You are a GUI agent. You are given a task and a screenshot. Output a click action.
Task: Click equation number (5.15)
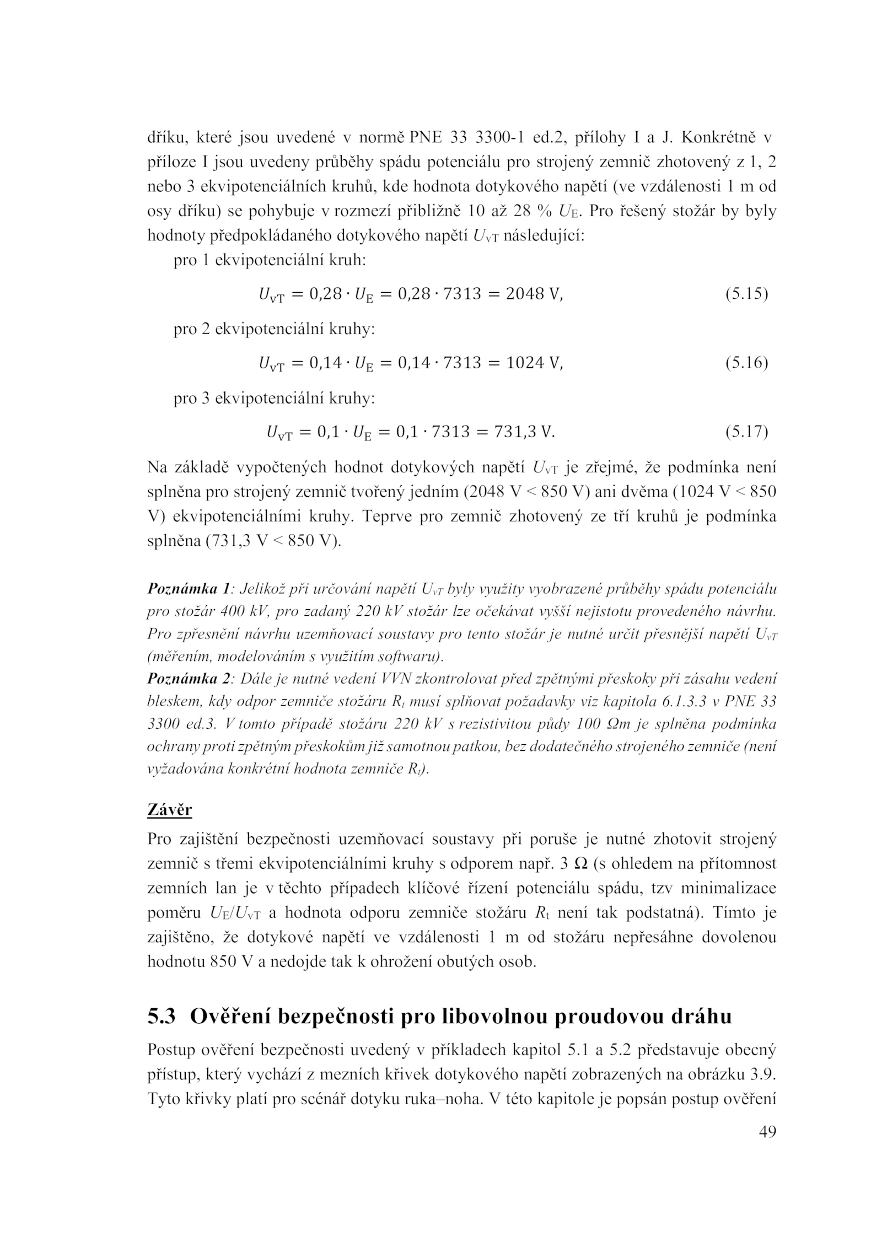746,294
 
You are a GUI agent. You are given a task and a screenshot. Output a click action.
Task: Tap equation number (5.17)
746,432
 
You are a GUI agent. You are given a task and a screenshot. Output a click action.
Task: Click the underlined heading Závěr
170,810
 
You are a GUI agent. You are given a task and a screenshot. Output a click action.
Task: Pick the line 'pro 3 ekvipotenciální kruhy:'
274,398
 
